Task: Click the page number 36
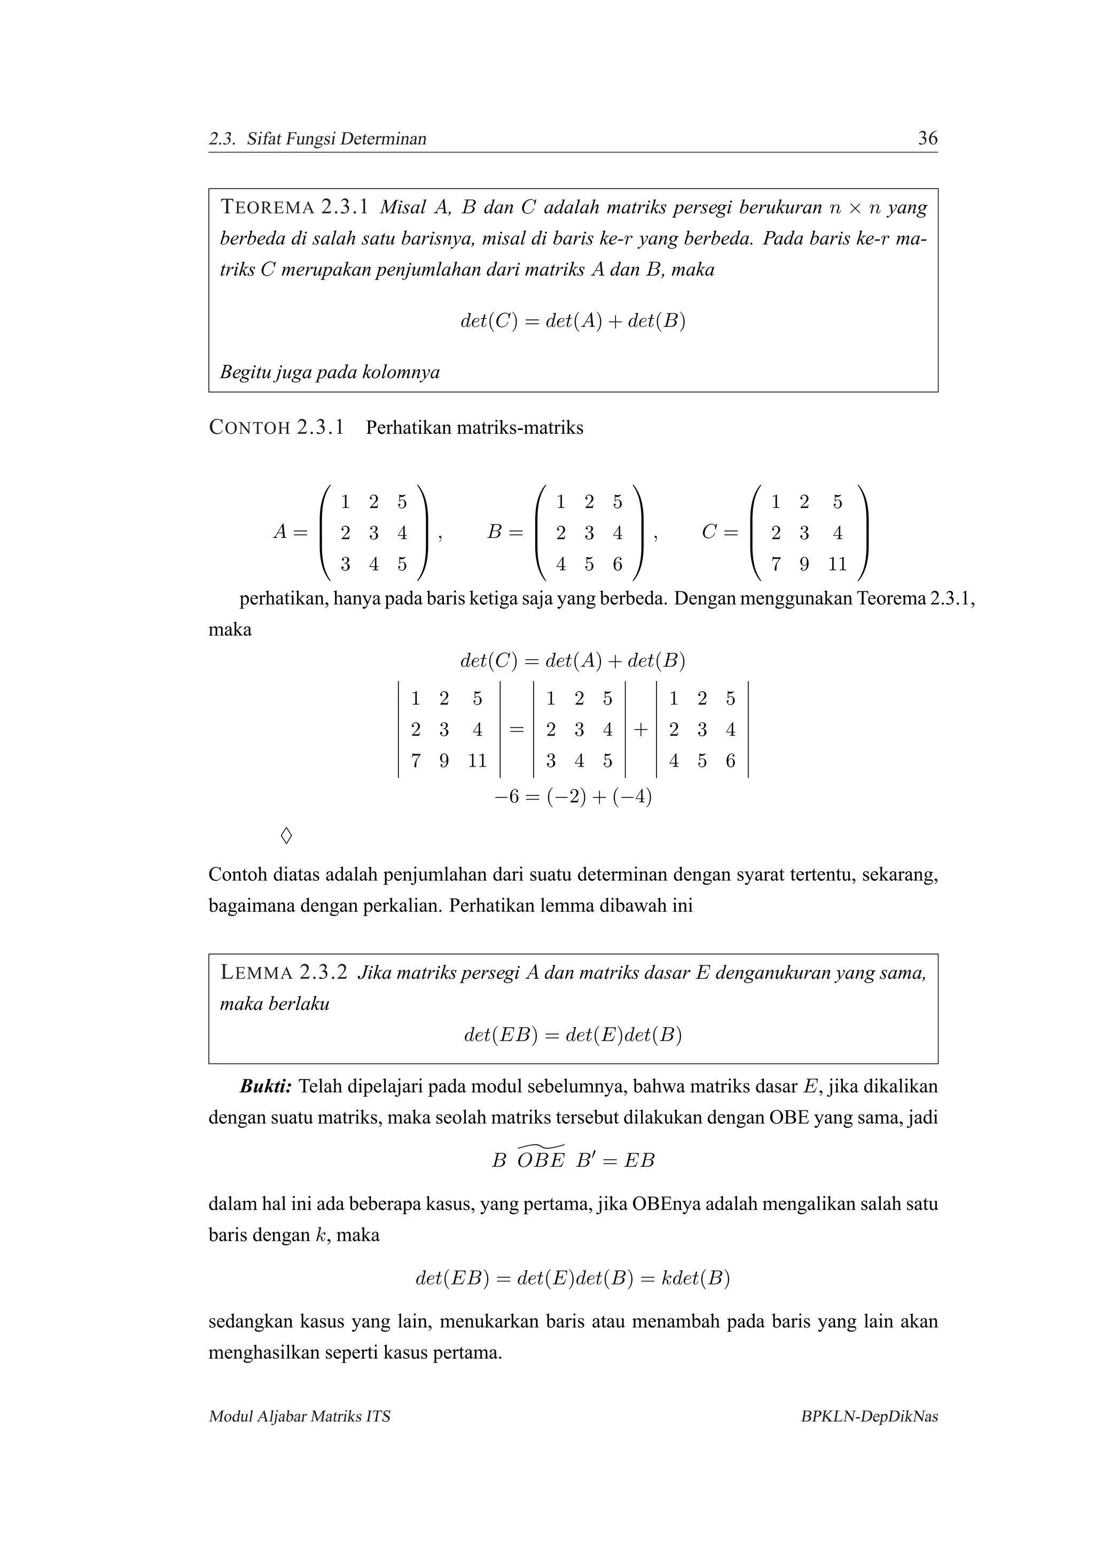[927, 138]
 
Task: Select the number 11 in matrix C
[837, 564]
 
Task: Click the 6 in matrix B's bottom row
[618, 564]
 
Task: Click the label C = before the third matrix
[719, 533]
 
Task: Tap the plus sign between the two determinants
[640, 730]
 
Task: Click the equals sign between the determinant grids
[517, 730]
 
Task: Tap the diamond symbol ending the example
[286, 836]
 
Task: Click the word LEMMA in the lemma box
[256, 974]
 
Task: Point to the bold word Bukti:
[265, 1087]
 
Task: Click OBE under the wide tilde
[541, 1161]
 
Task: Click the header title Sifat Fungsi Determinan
[337, 139]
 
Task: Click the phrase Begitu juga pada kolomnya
[330, 372]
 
